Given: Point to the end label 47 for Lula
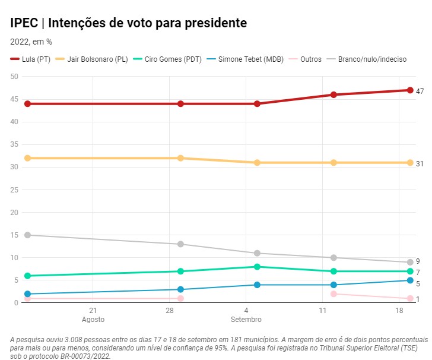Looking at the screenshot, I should pos(420,91).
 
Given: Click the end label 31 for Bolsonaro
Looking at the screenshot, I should pos(420,163).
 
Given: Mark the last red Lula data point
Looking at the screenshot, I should pos(410,90).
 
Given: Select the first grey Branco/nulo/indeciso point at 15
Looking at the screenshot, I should pos(27,235).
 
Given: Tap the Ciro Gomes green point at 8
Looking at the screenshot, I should pos(257,267).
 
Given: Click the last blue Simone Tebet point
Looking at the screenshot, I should pos(410,280).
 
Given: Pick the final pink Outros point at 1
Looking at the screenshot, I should pos(410,298).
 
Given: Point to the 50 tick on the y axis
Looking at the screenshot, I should pos(15,77).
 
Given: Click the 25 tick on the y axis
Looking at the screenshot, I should pos(15,190).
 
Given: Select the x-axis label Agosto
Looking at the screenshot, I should pos(93,320).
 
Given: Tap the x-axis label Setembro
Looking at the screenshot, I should pos(246,320).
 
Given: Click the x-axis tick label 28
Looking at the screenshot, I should pos(169,311).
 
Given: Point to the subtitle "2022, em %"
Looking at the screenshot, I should pos(31,42).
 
